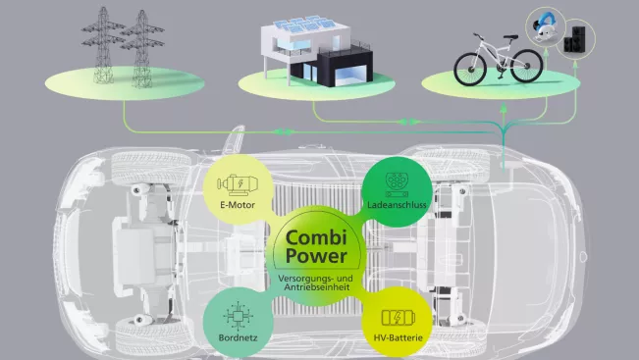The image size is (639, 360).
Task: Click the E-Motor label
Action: click(x=238, y=205)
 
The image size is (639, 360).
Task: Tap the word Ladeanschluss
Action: click(x=397, y=205)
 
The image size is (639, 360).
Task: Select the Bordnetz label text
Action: click(x=238, y=337)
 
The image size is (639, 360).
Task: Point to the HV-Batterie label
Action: click(x=399, y=337)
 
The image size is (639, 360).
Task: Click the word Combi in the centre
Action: click(x=316, y=238)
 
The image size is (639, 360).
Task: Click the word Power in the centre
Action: click(x=316, y=256)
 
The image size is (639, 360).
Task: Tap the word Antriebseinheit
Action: click(x=317, y=287)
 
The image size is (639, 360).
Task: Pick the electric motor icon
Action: click(x=238, y=184)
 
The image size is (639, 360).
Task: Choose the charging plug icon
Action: click(x=397, y=184)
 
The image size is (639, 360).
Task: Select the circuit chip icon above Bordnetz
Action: click(x=238, y=316)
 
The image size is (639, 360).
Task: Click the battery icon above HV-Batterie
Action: click(x=399, y=318)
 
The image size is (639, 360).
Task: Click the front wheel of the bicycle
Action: click(x=470, y=70)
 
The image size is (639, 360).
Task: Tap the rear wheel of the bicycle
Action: click(x=526, y=66)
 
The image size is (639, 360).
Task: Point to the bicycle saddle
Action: click(x=509, y=36)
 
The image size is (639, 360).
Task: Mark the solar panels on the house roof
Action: click(x=305, y=25)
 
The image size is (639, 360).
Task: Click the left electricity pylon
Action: click(x=103, y=45)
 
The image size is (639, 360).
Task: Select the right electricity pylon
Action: click(x=141, y=49)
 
